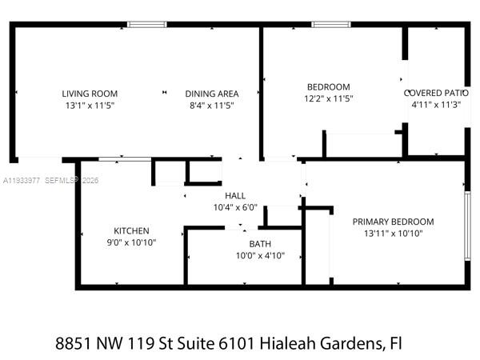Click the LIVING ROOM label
(90, 94)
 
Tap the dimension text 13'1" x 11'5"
(90, 105)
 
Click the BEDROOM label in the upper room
(329, 87)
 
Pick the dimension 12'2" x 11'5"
(329, 98)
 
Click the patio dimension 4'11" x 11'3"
(436, 104)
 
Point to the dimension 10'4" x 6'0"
(235, 207)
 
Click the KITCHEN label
(131, 231)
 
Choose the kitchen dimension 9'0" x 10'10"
(131, 242)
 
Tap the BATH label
(259, 245)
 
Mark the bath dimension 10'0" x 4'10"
(259, 256)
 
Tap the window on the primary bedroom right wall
(466, 225)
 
